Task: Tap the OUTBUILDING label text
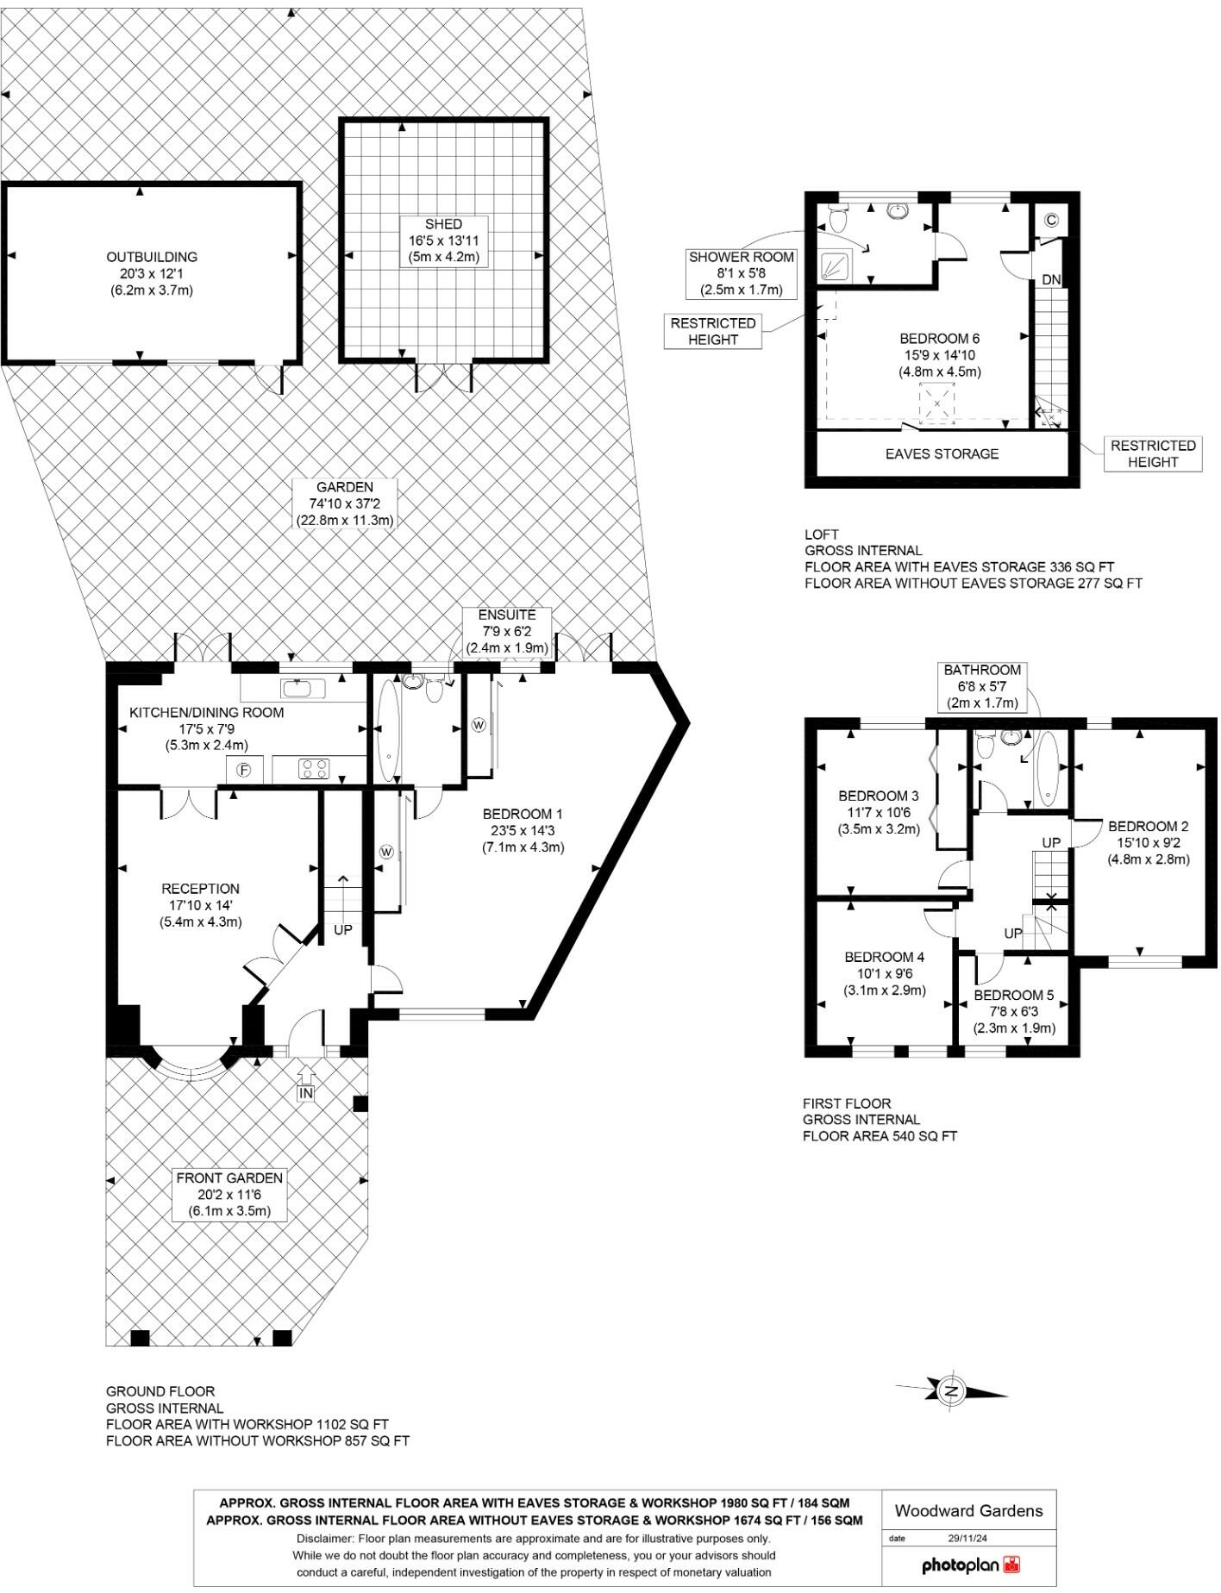pos(152,257)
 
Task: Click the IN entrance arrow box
pos(306,1092)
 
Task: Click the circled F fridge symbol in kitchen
pos(245,770)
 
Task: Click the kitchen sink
pos(297,688)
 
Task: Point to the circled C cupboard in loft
pos(1051,220)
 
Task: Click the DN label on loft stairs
pos(1051,280)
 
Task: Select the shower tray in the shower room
pos(835,265)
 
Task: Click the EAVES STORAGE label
pos(942,454)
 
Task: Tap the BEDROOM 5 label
pos(1014,995)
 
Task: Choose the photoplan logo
pos(969,1565)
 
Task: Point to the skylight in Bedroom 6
pos(937,403)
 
